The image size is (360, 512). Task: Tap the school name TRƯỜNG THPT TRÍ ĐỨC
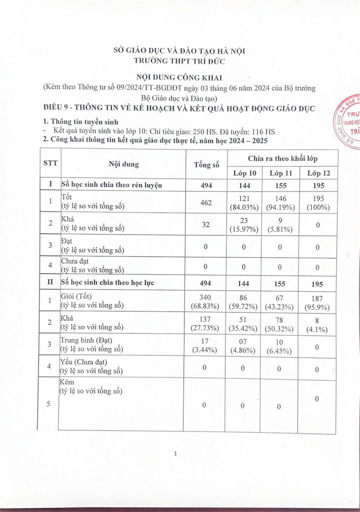tap(179, 61)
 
